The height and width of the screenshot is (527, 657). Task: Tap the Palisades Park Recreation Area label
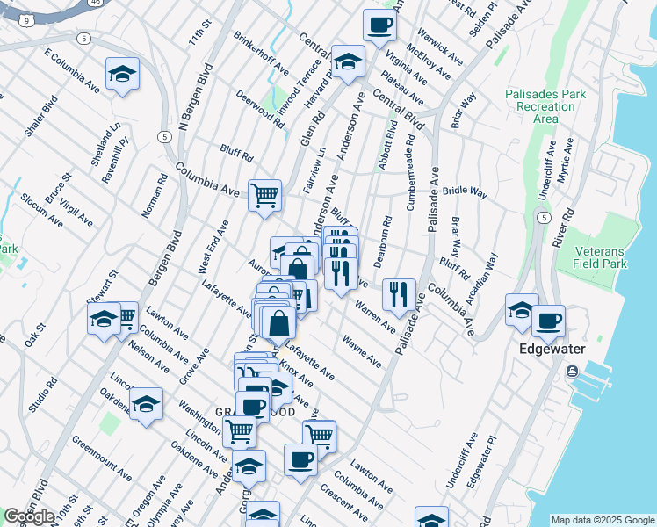coord(539,105)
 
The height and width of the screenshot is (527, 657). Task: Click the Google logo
coord(29,516)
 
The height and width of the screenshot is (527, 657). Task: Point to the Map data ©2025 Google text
coord(603,519)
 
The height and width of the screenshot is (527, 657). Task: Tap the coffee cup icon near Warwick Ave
coord(379,26)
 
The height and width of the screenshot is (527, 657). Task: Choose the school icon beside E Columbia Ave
coord(122,75)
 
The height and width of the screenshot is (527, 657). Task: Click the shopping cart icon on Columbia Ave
coord(264,195)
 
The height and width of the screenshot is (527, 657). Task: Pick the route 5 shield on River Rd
coord(545,217)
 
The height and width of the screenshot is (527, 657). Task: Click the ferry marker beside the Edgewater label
coord(573,371)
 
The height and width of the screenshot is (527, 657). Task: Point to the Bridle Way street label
coord(465,191)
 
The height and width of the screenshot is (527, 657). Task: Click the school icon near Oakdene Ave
coord(146,404)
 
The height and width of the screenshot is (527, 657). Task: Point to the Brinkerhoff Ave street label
coord(262,53)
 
